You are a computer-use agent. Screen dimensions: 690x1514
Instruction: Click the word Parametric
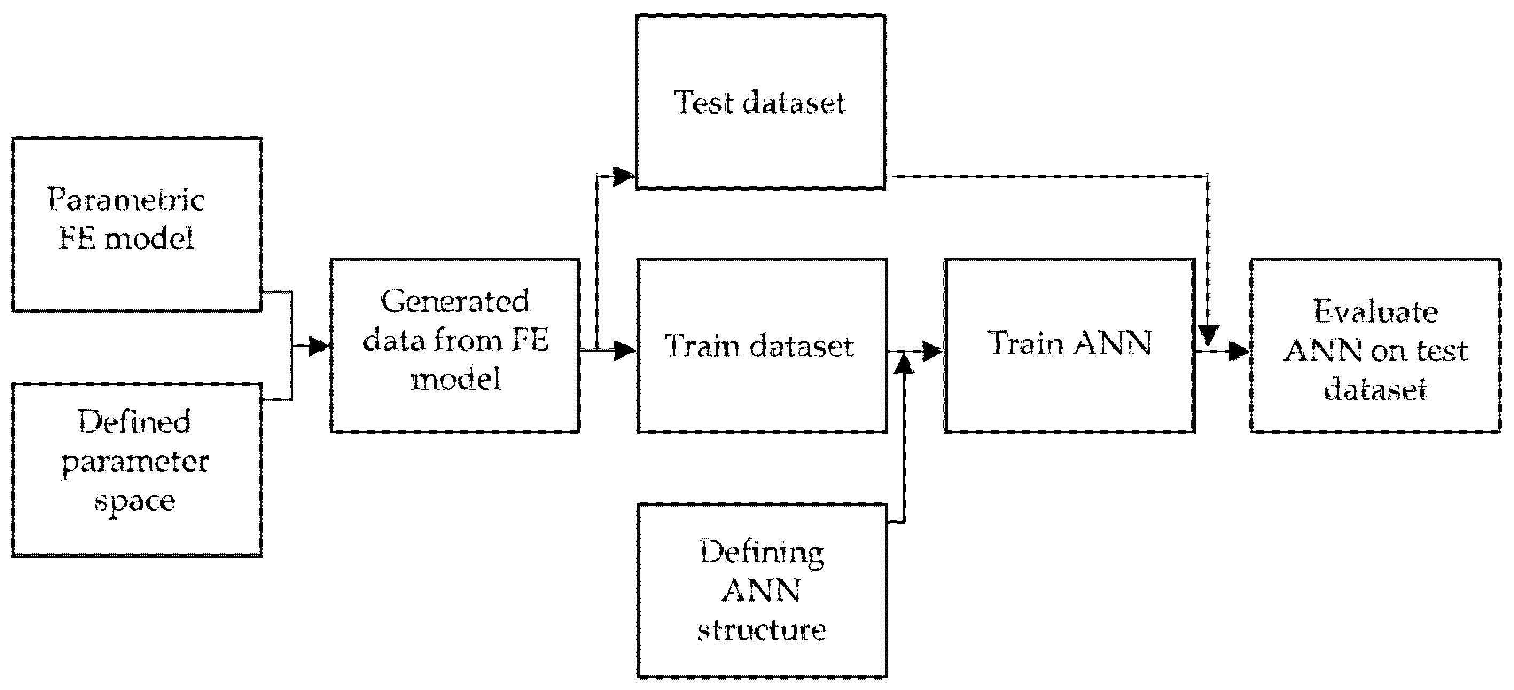pyautogui.click(x=126, y=200)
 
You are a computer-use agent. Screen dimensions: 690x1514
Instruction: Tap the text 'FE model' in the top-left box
pyautogui.click(x=126, y=239)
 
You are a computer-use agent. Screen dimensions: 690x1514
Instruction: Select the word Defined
pyautogui.click(x=135, y=422)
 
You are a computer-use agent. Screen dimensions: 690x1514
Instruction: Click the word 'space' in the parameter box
pyautogui.click(x=135, y=501)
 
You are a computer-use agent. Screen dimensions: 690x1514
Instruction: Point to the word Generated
pyautogui.click(x=456, y=302)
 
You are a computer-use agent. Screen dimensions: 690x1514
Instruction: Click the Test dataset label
pyautogui.click(x=760, y=103)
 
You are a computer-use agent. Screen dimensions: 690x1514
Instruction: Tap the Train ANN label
pyautogui.click(x=1070, y=344)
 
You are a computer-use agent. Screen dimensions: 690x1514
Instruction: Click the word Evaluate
pyautogui.click(x=1375, y=312)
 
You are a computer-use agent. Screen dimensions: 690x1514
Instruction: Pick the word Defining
pyautogui.click(x=762, y=553)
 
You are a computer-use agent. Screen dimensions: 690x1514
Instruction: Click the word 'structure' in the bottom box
pyautogui.click(x=762, y=630)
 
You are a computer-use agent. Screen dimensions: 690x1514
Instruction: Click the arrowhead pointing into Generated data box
pyautogui.click(x=319, y=346)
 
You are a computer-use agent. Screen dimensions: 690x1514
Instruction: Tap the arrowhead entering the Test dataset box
pyautogui.click(x=623, y=176)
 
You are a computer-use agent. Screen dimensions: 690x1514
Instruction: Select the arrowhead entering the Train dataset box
pyautogui.click(x=624, y=351)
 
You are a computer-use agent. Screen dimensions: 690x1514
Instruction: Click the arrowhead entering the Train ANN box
pyautogui.click(x=933, y=351)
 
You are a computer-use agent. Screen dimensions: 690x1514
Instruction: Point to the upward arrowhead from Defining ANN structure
pyautogui.click(x=904, y=364)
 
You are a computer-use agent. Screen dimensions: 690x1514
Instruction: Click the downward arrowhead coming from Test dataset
pyautogui.click(x=1208, y=335)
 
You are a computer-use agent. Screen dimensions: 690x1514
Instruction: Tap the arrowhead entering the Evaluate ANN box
pyautogui.click(x=1239, y=352)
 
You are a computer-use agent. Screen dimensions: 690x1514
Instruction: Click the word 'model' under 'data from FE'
pyautogui.click(x=456, y=379)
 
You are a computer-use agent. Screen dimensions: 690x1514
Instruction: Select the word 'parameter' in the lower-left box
pyautogui.click(x=135, y=462)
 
